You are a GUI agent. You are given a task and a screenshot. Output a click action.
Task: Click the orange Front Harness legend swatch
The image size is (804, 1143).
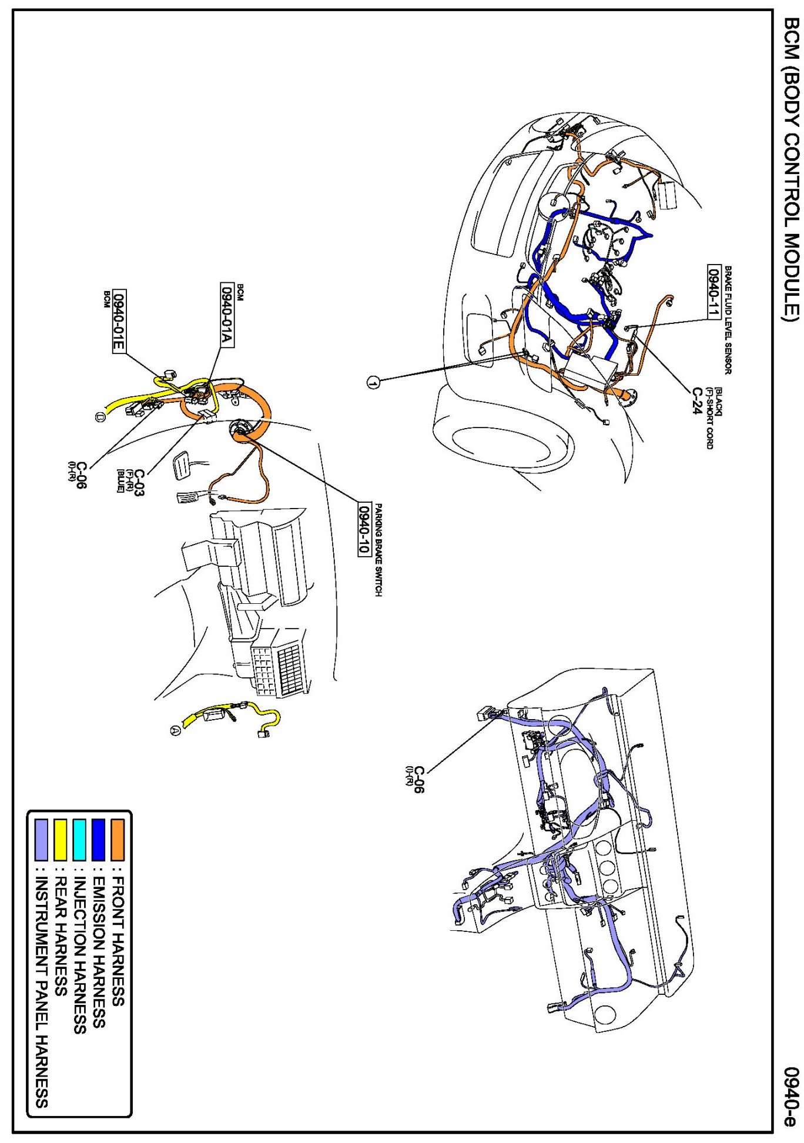(x=118, y=839)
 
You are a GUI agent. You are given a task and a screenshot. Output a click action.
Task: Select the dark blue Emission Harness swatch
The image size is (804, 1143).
(x=98, y=839)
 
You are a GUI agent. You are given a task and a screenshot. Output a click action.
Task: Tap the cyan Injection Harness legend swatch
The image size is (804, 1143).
(x=79, y=839)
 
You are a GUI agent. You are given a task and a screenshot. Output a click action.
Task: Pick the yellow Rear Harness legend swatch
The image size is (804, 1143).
(x=60, y=839)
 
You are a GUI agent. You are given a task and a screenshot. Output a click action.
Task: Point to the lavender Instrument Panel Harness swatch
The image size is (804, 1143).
(x=41, y=839)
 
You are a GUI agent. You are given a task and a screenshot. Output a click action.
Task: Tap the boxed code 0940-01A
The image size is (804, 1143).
(x=227, y=315)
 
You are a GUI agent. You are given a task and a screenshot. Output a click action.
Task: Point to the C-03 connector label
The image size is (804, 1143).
(x=139, y=482)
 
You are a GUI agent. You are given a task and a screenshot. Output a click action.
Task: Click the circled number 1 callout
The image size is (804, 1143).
(x=373, y=382)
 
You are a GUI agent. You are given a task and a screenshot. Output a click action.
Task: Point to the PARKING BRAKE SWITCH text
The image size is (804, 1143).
(x=378, y=550)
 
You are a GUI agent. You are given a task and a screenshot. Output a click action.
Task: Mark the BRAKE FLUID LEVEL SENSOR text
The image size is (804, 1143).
(x=728, y=320)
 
